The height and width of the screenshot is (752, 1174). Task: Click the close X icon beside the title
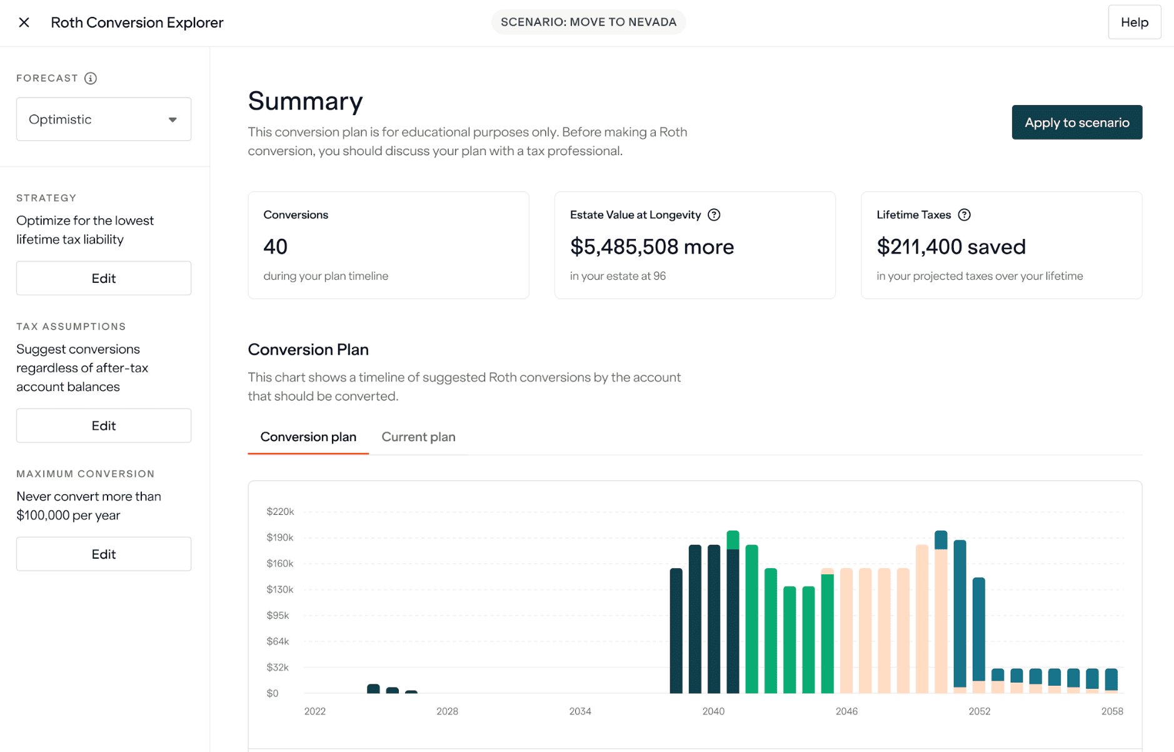coord(24,23)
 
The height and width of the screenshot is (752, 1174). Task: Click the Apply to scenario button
coord(1076,122)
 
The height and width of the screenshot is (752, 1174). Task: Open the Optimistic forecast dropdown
coord(104,119)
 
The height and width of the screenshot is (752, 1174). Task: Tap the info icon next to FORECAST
coord(91,78)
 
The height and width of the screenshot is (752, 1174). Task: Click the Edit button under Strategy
coord(104,278)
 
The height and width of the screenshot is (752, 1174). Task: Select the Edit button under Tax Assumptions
coord(104,425)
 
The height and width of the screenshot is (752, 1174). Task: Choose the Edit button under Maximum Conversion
coord(104,554)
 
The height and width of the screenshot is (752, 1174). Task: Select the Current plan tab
coord(418,437)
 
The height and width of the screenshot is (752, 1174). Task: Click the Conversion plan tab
coord(308,437)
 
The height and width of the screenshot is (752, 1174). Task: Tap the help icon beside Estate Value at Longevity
coord(714,215)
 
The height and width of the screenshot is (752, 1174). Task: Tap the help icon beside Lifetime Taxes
coord(964,215)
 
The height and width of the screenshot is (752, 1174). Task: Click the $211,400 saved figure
coord(950,246)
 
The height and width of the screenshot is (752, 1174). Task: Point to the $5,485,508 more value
coord(651,246)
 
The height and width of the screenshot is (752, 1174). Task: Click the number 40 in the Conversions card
coord(275,246)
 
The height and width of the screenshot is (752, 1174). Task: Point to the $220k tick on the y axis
coord(280,511)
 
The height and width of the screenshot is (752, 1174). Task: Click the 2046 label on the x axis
coord(846,711)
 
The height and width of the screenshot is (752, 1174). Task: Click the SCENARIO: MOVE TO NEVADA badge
coord(588,22)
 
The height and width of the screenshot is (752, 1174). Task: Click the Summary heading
coord(305,101)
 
